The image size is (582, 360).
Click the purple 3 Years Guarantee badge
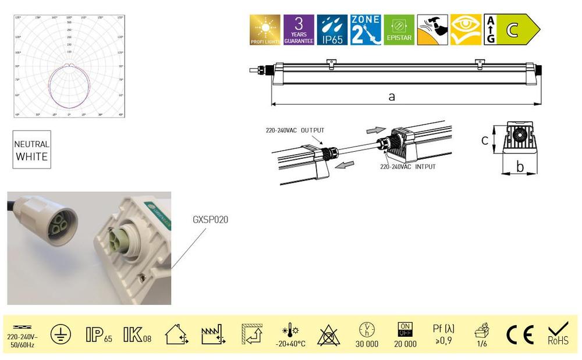coord(299,30)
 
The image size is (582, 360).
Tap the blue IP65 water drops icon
coord(332,30)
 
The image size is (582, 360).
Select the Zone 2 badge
coord(365,30)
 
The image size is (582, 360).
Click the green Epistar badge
coord(399,30)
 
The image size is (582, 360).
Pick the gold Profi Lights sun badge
coord(265,30)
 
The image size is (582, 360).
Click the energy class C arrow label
coord(512,30)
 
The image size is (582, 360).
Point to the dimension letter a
coord(392,97)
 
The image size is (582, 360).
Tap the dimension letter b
coord(520,167)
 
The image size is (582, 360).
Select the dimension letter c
coord(484,140)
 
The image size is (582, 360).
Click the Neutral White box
coord(32,149)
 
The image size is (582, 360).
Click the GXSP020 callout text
coord(210,220)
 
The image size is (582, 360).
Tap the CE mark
coord(519,334)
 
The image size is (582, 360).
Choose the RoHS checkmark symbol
coord(558,334)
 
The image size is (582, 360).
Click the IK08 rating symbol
coord(137,334)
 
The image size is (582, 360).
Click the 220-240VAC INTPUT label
coord(407,166)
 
